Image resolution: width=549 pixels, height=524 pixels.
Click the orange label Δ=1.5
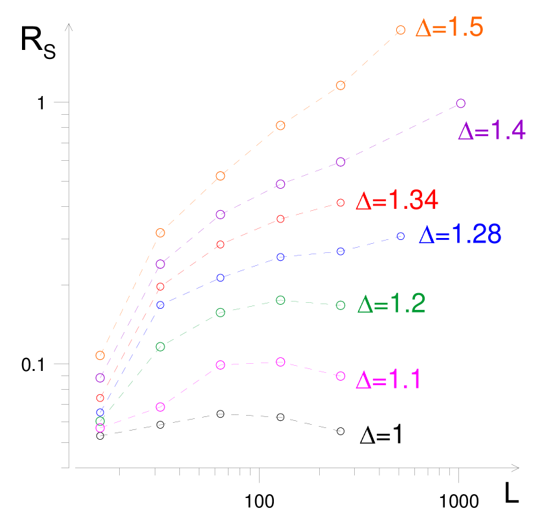tap(449, 28)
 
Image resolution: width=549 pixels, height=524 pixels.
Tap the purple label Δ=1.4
tap(491, 132)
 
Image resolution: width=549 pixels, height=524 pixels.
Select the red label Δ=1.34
tap(397, 201)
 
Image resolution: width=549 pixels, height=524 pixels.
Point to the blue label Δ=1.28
tap(460, 235)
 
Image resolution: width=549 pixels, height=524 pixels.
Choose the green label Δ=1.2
tap(391, 304)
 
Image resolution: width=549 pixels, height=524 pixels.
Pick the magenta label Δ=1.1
tap(388, 380)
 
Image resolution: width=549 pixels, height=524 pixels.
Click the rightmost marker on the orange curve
tap(401, 30)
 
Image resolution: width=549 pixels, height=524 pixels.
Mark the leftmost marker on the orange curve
tap(100, 355)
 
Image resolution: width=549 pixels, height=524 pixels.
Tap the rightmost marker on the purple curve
tap(461, 103)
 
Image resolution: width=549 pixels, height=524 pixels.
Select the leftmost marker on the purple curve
tap(100, 377)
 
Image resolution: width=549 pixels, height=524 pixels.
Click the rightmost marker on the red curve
tap(341, 203)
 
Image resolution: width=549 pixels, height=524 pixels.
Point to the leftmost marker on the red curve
tap(100, 398)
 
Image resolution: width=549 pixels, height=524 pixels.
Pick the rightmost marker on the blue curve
tap(401, 236)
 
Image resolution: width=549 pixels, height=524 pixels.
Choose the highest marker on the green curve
tap(280, 300)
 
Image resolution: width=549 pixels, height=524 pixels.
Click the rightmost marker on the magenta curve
tap(341, 376)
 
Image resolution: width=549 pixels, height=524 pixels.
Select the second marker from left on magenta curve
tap(161, 407)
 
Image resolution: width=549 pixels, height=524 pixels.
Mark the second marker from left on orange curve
tap(161, 233)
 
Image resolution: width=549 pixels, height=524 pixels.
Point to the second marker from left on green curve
tap(161, 347)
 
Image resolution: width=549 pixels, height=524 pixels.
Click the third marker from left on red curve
tap(220, 244)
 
